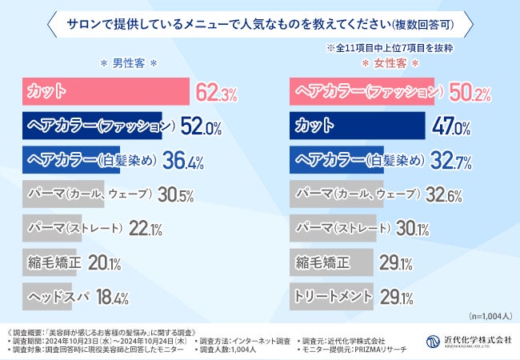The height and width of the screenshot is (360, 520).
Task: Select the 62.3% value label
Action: pos(216,93)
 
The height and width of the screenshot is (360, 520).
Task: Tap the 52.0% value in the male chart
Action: pos(202,127)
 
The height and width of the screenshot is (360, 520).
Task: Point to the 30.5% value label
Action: pos(174,195)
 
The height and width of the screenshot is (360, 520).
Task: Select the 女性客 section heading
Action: pos(391,62)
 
